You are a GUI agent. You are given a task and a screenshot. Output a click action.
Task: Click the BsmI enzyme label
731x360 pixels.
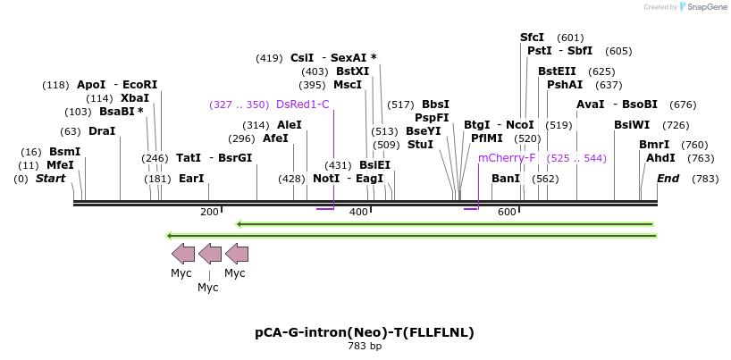pos(64,152)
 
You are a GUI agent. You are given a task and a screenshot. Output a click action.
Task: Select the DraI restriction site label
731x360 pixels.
pos(102,130)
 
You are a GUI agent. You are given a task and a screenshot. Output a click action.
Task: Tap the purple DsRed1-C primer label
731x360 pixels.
pos(302,105)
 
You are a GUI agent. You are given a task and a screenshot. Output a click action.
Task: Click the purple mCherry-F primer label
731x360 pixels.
pos(507,158)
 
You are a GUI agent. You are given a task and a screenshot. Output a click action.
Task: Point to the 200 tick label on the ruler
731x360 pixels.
pos(208,212)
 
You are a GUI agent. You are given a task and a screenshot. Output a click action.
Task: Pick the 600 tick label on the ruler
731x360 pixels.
pos(507,212)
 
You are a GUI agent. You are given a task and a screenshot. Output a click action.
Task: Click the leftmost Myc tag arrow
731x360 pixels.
pos(182,253)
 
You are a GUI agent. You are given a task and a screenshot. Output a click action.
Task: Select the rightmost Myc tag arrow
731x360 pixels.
pos(237,253)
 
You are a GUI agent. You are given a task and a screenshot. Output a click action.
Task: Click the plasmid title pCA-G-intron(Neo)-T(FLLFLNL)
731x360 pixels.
pos(364,332)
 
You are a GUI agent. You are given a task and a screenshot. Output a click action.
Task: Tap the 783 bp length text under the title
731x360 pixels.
pos(364,346)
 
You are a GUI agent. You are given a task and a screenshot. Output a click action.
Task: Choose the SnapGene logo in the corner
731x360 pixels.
pos(705,7)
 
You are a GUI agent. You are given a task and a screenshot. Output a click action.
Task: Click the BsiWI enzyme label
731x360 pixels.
pos(633,125)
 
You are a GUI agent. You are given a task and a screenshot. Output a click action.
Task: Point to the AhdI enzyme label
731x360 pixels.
pos(660,158)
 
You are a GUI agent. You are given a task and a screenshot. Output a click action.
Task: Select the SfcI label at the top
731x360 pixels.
pos(532,38)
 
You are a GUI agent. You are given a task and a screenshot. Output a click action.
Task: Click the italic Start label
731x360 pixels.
pos(50,179)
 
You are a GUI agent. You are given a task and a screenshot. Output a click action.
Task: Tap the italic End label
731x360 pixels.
pos(668,179)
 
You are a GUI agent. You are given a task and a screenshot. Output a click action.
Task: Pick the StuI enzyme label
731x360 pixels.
pos(420,144)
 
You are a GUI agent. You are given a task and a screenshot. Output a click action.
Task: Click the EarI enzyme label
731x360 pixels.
pos(191,179)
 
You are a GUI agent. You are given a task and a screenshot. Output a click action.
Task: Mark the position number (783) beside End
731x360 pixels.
pos(705,179)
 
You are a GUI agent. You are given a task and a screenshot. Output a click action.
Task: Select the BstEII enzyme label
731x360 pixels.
pos(557,71)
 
